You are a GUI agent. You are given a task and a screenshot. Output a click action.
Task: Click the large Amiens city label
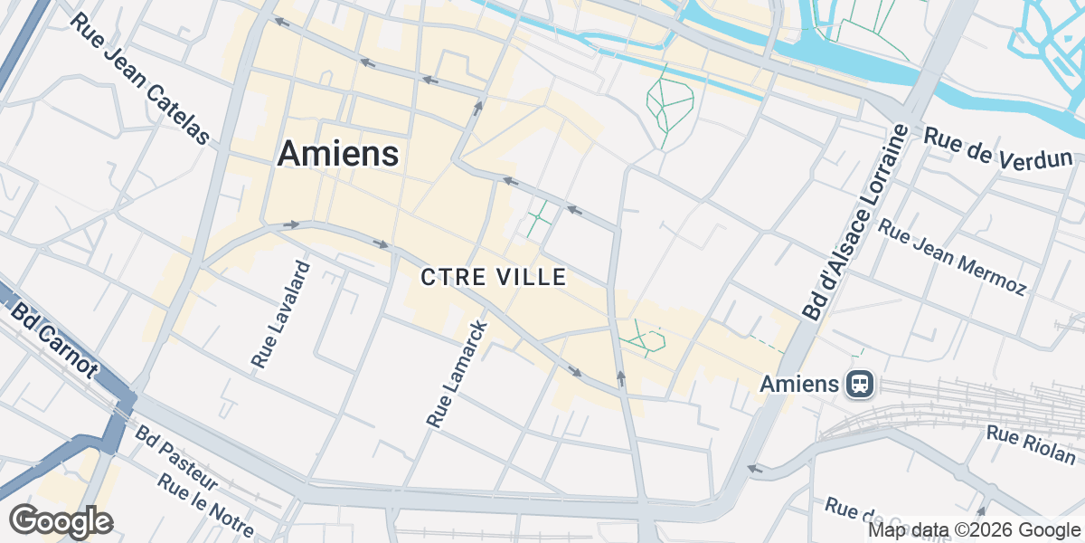337,153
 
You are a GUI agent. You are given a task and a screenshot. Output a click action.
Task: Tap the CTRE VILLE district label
494,277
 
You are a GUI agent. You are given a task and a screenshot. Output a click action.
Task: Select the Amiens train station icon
860,385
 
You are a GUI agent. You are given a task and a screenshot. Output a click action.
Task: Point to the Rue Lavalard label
281,315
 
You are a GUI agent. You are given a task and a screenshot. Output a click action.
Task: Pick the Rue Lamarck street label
458,373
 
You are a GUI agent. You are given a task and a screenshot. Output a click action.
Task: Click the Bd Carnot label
55,340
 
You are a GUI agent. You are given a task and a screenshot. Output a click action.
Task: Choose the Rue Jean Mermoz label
952,256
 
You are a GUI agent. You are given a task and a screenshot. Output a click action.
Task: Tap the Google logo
61,521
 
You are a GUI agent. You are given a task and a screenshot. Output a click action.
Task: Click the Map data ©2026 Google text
974,530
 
